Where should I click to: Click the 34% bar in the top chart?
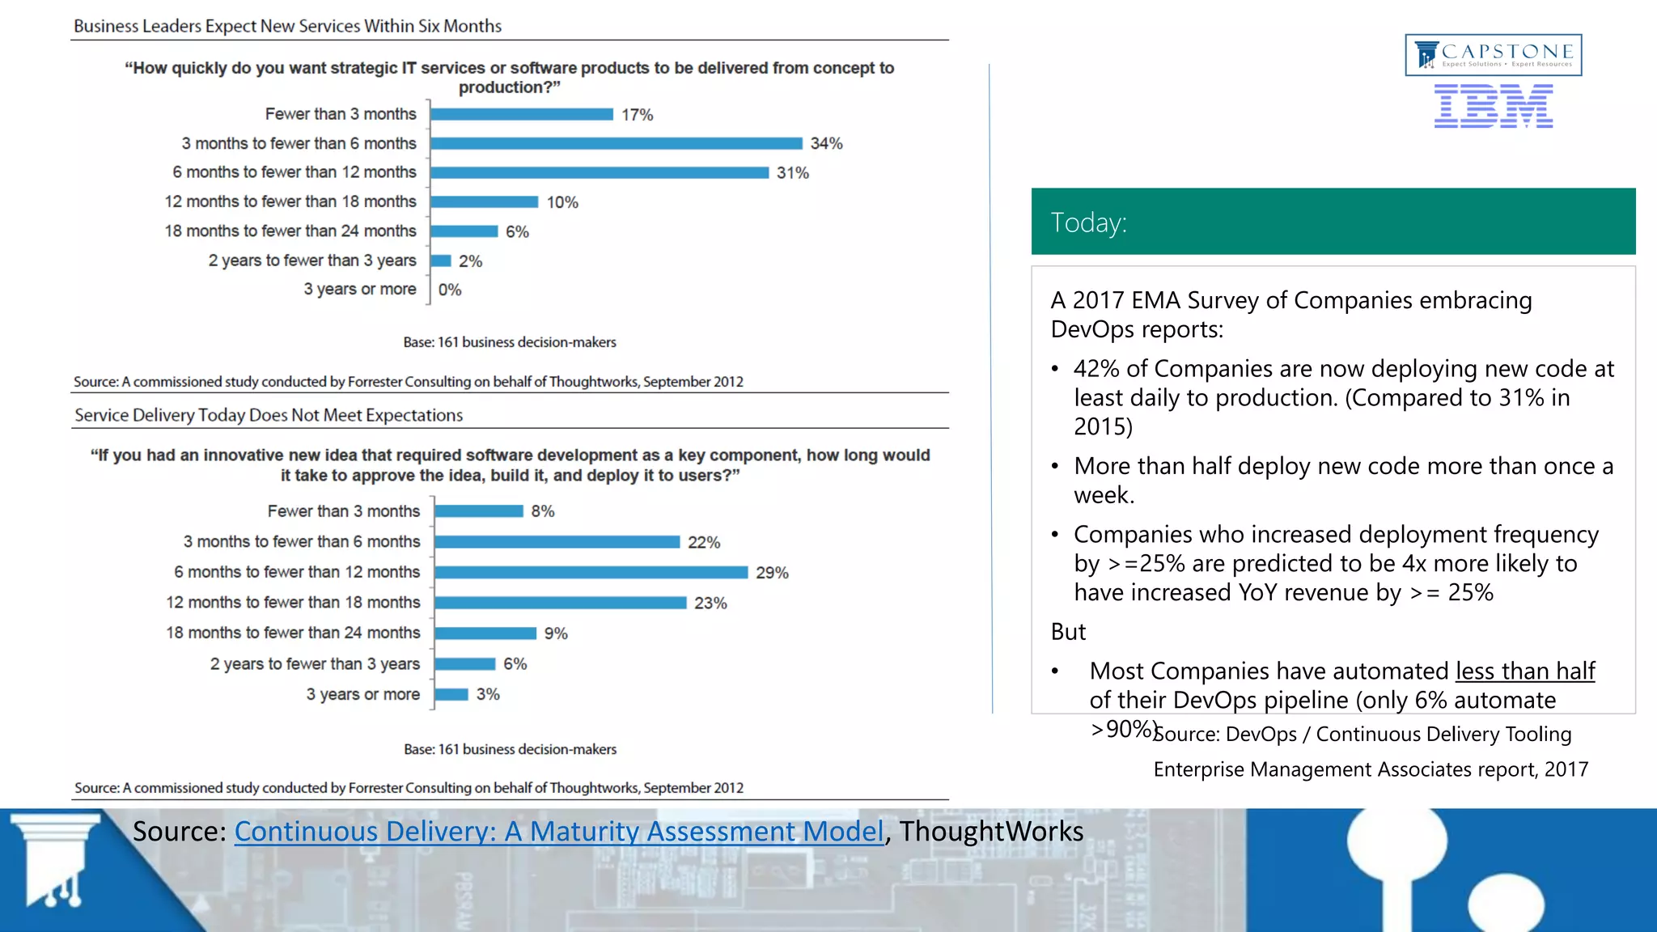click(617, 143)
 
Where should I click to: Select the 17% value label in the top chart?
click(637, 115)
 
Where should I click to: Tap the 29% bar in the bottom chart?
click(591, 572)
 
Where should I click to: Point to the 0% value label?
click(450, 290)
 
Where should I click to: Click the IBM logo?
click(1494, 107)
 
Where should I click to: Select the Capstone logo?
click(1494, 54)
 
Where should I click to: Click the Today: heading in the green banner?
click(1088, 222)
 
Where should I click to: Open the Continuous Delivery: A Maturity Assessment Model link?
click(558, 832)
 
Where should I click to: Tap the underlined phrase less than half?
click(1525, 671)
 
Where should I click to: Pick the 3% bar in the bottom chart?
click(451, 694)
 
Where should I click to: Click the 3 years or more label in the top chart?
click(360, 290)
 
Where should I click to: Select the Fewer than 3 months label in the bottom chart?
click(344, 511)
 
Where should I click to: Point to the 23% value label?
click(710, 603)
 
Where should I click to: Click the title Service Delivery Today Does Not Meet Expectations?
click(269, 415)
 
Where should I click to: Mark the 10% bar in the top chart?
click(484, 201)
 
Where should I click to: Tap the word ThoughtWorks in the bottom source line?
click(991, 832)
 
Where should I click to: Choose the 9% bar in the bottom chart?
click(485, 633)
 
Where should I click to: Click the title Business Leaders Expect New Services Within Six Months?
click(287, 26)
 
